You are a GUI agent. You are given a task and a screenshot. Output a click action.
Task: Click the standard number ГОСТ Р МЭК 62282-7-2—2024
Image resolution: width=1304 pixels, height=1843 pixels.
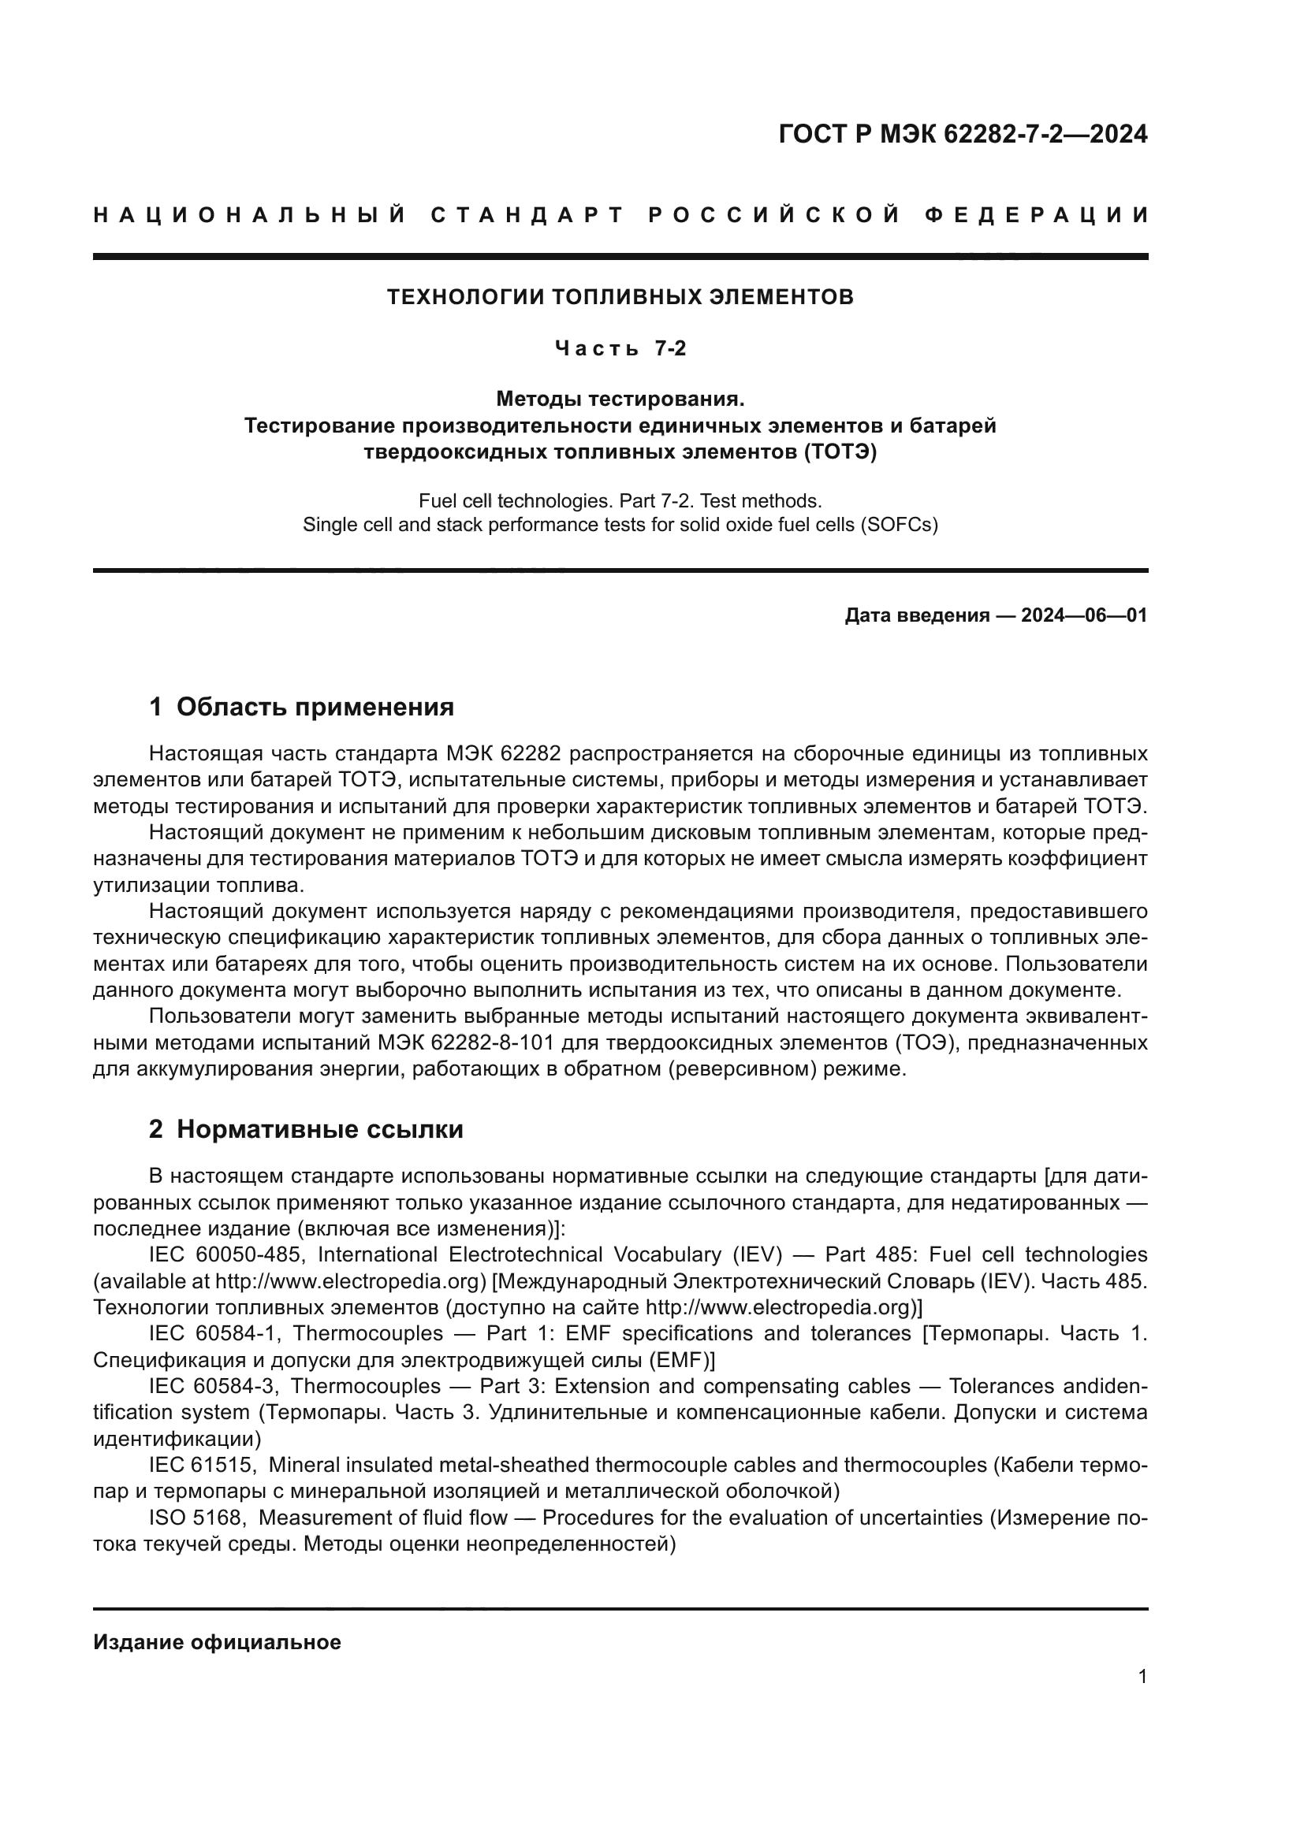coord(963,134)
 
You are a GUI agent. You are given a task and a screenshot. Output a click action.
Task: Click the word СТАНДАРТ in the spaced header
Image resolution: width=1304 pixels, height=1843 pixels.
coord(527,215)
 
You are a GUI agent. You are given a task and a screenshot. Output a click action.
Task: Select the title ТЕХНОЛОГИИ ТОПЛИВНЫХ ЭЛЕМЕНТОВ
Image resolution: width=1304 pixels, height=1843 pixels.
coord(620,297)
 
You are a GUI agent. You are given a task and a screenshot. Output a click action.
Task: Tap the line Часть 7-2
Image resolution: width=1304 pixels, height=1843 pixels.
coord(620,348)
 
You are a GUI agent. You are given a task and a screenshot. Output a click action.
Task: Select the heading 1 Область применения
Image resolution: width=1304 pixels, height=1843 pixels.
coord(301,707)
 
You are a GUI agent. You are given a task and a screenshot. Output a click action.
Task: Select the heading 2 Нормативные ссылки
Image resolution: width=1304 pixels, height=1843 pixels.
coord(306,1129)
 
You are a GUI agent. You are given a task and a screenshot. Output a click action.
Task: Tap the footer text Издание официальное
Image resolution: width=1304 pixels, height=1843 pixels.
coord(217,1642)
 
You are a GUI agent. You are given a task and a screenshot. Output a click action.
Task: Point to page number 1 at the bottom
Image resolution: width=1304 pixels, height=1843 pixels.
coord(1142,1677)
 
